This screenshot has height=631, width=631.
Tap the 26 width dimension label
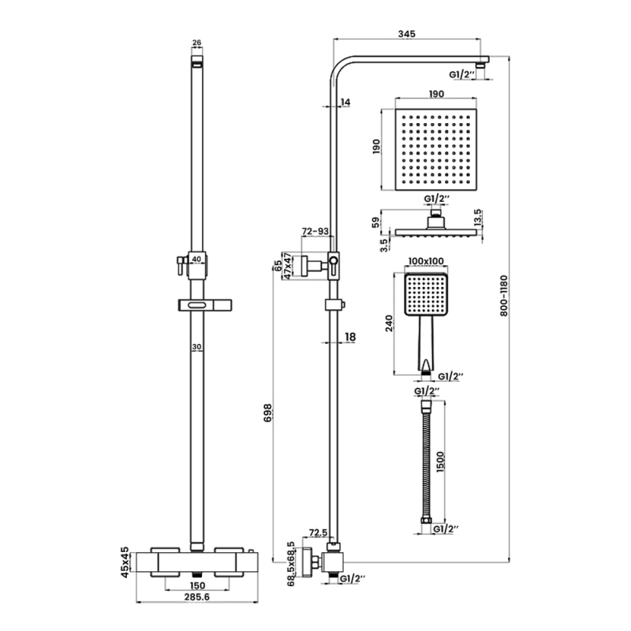pyautogui.click(x=197, y=43)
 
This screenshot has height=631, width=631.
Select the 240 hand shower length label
pyautogui.click(x=388, y=325)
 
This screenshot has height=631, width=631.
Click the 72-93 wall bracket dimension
pyautogui.click(x=315, y=232)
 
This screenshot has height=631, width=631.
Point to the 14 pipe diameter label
pyautogui.click(x=345, y=103)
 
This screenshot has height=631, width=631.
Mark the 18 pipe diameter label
pyautogui.click(x=351, y=337)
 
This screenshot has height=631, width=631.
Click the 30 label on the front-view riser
pyautogui.click(x=197, y=346)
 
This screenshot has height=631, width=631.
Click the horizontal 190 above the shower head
pyautogui.click(x=435, y=93)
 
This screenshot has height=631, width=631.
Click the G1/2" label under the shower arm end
pyautogui.click(x=462, y=74)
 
